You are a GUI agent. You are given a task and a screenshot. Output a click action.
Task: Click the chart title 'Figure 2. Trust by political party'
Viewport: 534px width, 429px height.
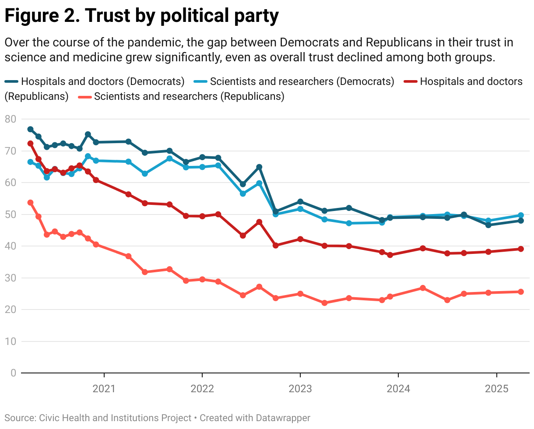pos(141,16)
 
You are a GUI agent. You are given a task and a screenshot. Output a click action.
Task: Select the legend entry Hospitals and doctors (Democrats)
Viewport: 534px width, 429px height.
pos(95,81)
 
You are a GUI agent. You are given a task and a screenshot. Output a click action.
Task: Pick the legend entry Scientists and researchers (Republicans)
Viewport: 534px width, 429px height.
pos(182,96)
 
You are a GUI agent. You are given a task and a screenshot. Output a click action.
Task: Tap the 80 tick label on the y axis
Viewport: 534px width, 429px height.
pos(11,119)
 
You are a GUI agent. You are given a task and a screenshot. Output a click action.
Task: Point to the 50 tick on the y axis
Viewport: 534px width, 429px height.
pos(11,214)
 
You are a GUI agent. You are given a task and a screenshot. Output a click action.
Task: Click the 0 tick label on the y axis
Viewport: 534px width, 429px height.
pos(13,373)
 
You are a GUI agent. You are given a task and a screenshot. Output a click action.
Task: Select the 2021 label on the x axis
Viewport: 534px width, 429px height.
pos(104,389)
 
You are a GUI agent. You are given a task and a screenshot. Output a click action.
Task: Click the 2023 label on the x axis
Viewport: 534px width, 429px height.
pos(300,389)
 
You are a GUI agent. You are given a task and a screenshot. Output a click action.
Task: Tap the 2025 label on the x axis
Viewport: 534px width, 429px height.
pos(496,389)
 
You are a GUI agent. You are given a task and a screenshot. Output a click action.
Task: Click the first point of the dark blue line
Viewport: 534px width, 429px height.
pos(30,129)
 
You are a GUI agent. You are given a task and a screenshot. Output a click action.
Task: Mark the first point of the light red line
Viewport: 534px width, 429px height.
pos(30,203)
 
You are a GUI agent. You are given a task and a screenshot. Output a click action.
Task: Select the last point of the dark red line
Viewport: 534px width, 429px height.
pos(521,249)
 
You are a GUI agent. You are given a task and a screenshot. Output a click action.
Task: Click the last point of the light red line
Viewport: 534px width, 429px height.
pos(521,292)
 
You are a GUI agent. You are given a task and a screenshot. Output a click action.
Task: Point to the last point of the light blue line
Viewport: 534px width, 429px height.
pos(521,215)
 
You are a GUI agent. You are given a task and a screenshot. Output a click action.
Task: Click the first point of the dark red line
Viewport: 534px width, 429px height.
pos(30,144)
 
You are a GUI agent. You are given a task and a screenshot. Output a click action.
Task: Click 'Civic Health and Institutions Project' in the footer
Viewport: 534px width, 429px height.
pos(116,418)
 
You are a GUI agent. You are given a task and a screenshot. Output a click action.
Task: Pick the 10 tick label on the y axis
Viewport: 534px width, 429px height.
pos(11,341)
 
